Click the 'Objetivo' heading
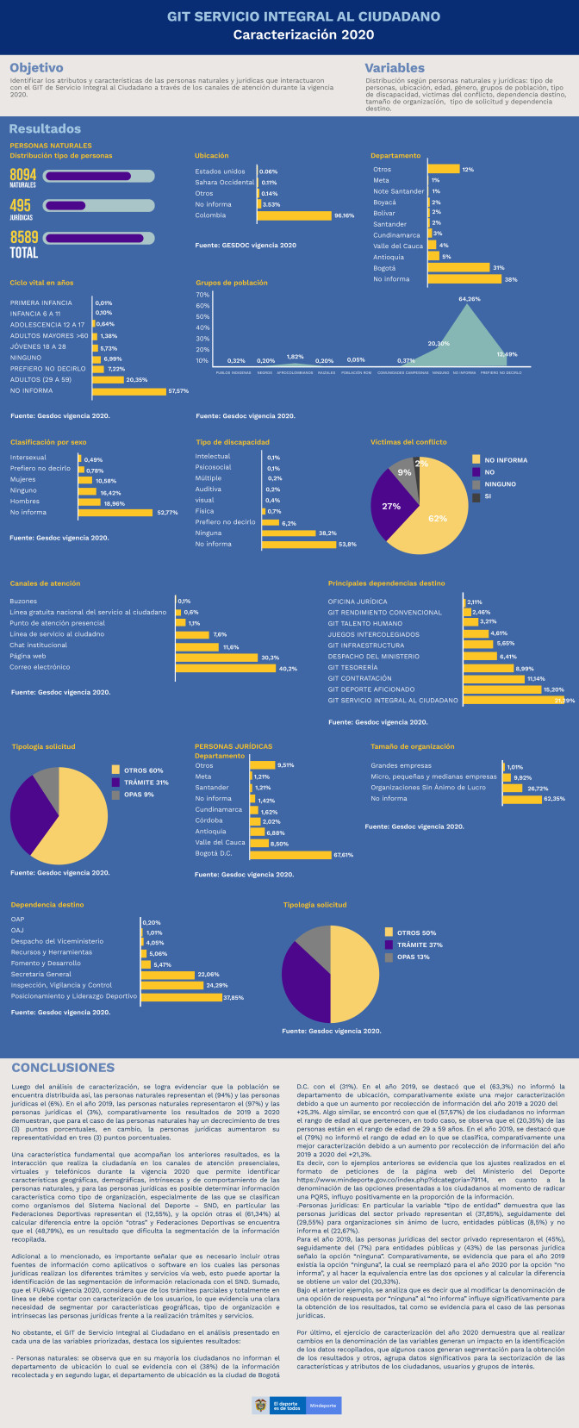click(x=36, y=68)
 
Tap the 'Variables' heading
click(x=395, y=68)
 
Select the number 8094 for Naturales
click(x=23, y=174)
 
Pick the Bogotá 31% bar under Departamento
click(x=458, y=268)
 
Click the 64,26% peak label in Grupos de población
click(x=469, y=299)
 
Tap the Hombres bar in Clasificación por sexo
click(x=89, y=502)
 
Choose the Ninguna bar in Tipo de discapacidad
click(x=288, y=533)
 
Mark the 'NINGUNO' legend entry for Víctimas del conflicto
click(x=500, y=484)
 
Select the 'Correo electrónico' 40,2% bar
click(x=225, y=668)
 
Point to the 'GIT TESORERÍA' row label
click(x=352, y=667)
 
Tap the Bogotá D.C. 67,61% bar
click(x=290, y=855)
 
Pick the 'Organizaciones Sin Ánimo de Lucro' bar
click(x=512, y=788)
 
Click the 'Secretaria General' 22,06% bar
click(x=168, y=975)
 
